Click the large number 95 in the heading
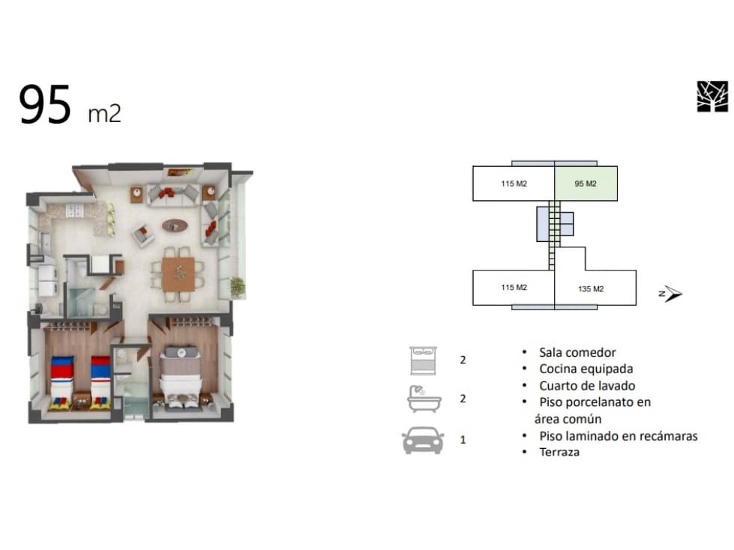(x=45, y=104)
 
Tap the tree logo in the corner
(x=712, y=97)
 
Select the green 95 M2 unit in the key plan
(x=586, y=184)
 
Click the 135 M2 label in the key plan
(x=591, y=289)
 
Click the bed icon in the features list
(x=423, y=360)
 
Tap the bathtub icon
(x=424, y=399)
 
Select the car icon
(x=423, y=440)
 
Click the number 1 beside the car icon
(x=463, y=440)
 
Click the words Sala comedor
(x=577, y=352)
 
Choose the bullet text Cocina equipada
(x=586, y=369)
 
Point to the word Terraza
(x=559, y=453)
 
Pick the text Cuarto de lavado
(x=587, y=386)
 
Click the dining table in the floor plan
(x=178, y=274)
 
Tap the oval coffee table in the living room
(x=175, y=226)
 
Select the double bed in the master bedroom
(x=181, y=375)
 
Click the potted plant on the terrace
(x=238, y=286)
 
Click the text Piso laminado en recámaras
(x=619, y=436)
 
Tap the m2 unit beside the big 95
(x=104, y=114)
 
